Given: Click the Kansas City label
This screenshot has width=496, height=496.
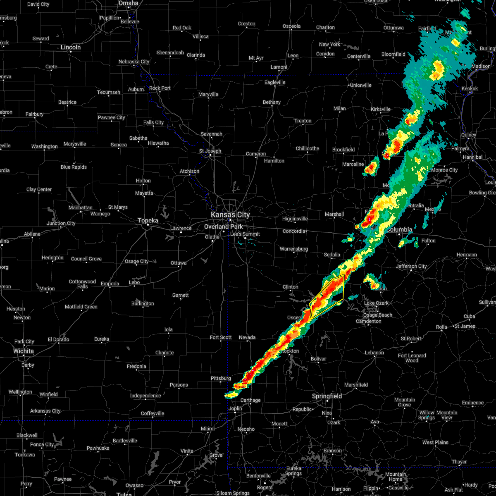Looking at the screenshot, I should click(230, 215).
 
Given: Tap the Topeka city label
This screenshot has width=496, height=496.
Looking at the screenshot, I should click(148, 221).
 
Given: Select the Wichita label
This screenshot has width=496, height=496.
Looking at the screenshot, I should click(24, 351).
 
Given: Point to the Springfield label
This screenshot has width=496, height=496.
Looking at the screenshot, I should click(327, 396).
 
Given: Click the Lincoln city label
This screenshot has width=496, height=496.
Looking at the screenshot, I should click(71, 47).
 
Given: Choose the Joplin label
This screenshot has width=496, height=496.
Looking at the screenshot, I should click(236, 409).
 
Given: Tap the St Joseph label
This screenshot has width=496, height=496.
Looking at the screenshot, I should click(210, 151).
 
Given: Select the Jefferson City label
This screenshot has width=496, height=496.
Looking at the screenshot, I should click(411, 266).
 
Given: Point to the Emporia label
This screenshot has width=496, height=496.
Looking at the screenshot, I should click(110, 284).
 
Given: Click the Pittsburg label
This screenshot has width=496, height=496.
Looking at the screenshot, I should click(221, 378).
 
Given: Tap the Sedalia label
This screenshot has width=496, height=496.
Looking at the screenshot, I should click(332, 255).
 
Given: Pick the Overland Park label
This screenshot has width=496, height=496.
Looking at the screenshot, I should click(224, 227).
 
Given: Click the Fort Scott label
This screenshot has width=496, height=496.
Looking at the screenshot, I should click(221, 337).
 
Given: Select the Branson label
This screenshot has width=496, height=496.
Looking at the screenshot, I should click(333, 451).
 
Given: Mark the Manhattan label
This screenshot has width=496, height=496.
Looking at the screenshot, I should click(80, 207).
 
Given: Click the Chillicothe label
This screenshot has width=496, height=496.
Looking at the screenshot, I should click(308, 148).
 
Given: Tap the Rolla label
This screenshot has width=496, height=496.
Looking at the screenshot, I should click(442, 327).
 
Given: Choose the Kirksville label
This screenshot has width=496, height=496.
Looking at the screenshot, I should click(381, 109).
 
